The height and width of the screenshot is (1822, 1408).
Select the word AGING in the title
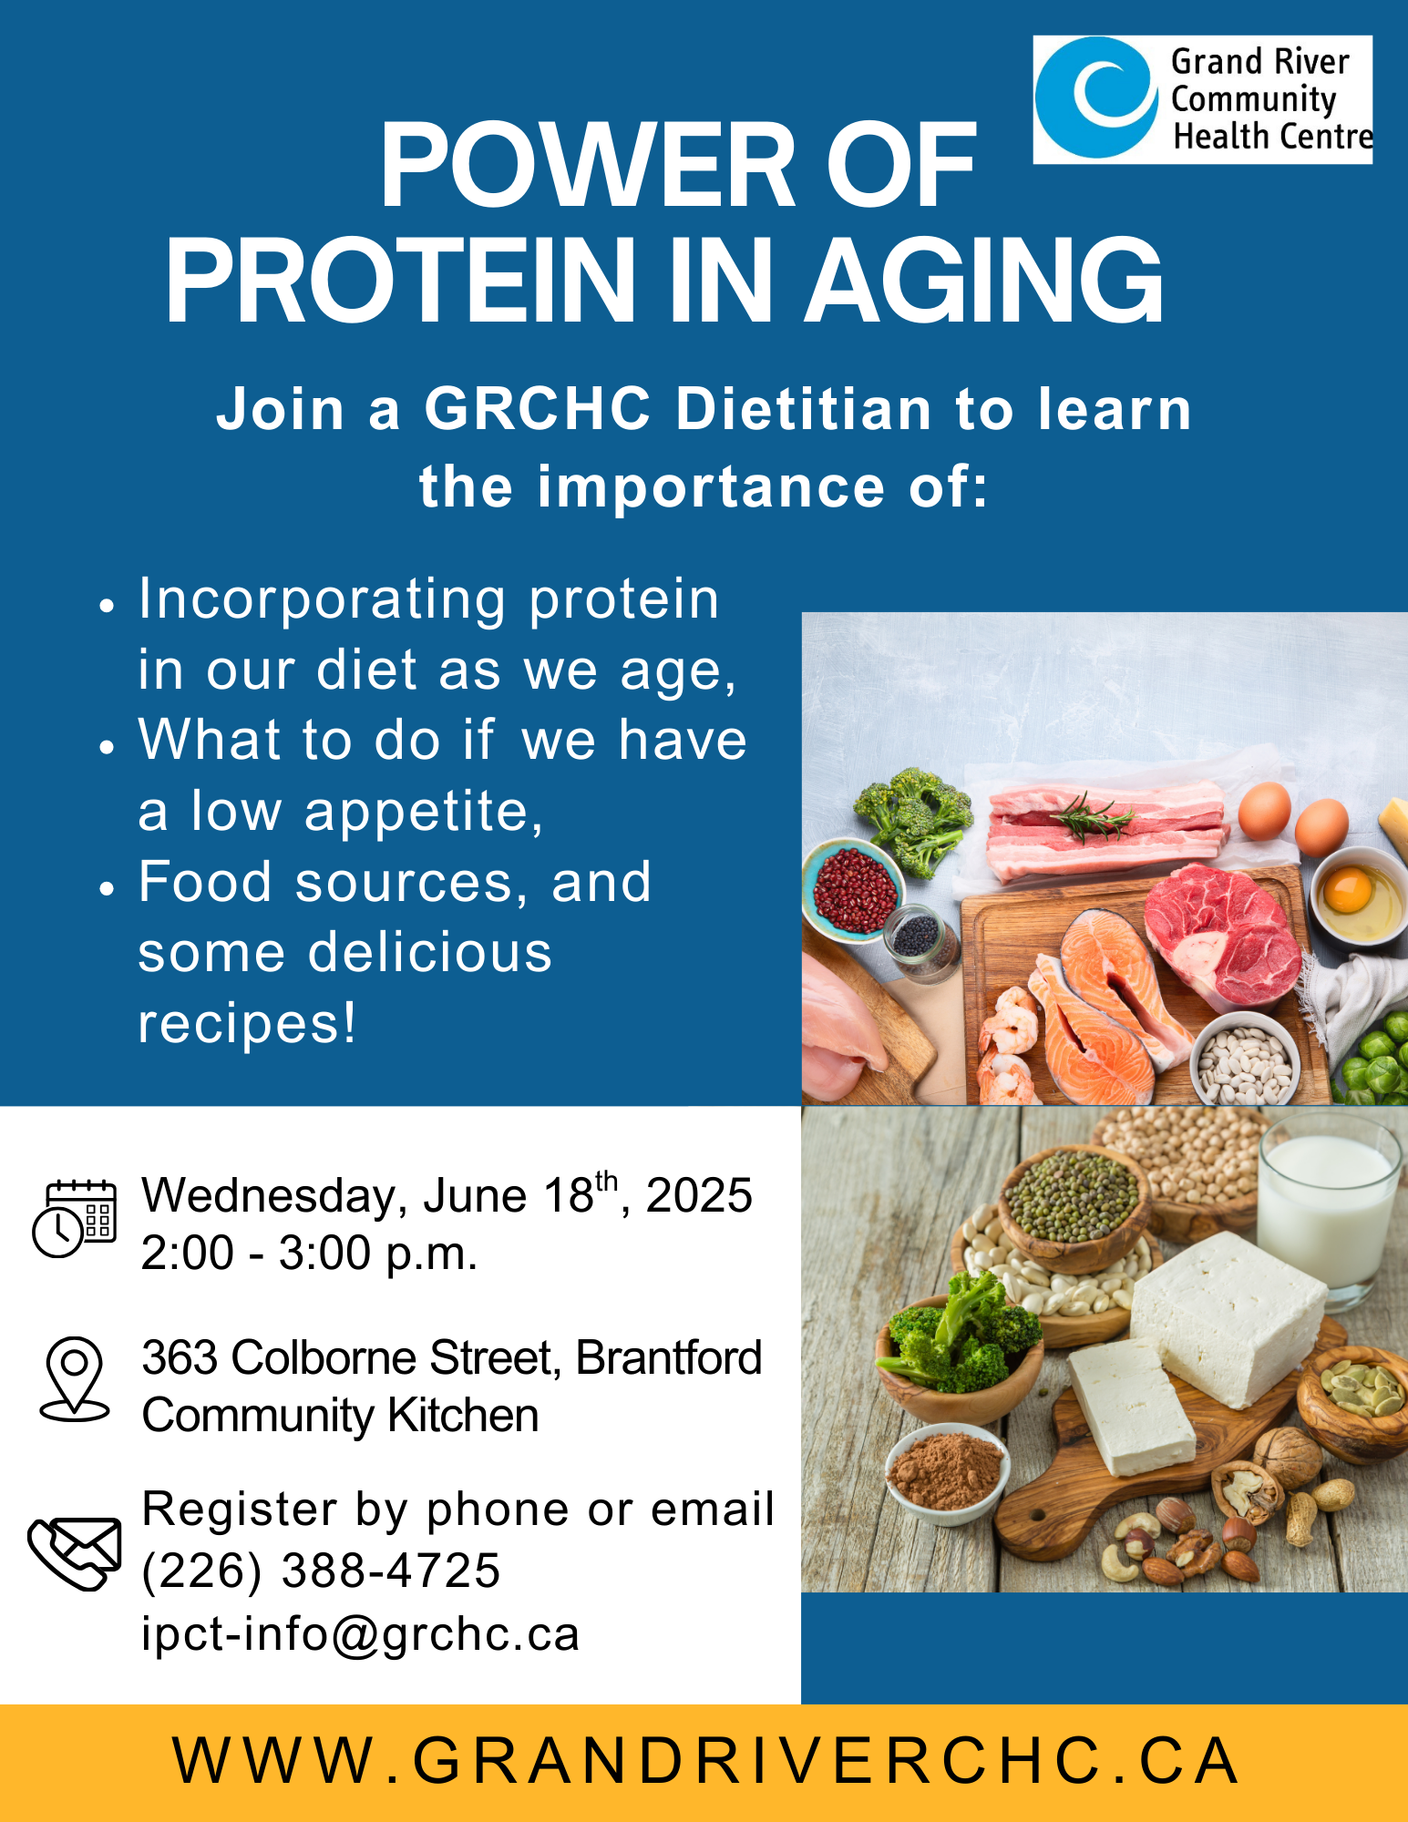(984, 281)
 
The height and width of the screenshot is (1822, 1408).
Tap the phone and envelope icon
(75, 1554)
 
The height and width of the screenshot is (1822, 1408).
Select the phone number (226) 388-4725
(321, 1571)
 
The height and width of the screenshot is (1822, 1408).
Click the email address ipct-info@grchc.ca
(361, 1634)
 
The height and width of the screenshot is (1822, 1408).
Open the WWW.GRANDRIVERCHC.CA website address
(705, 1760)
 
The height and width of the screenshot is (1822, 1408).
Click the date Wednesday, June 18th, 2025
(447, 1194)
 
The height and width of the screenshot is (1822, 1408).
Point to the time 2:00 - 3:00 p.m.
(309, 1253)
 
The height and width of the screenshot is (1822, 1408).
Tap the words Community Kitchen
(340, 1416)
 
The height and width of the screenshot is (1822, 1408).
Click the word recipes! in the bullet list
(247, 1024)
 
